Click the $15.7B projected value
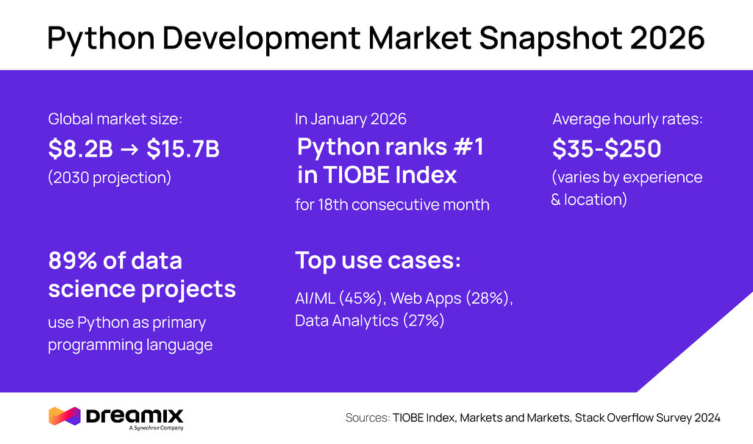point(182,149)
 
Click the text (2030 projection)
point(110,178)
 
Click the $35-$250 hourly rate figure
point(607,149)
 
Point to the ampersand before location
point(556,200)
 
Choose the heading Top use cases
point(378,260)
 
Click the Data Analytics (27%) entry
point(370,321)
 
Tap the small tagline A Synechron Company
point(156,428)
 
